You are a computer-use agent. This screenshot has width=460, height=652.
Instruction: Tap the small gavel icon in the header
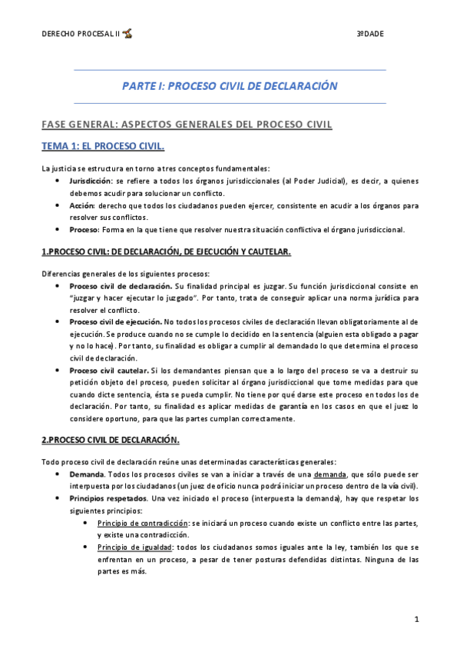(x=127, y=34)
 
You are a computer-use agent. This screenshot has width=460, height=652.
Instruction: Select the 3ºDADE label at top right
(x=370, y=35)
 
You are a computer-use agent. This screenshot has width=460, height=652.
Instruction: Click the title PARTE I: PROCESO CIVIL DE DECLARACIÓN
(x=230, y=86)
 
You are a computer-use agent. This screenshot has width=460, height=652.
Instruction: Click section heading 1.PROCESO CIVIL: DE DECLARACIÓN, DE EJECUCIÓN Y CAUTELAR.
(x=165, y=251)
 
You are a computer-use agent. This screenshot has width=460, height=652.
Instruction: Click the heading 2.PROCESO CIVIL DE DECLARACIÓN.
(x=110, y=440)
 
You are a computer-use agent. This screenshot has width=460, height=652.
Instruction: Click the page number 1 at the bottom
(x=415, y=619)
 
